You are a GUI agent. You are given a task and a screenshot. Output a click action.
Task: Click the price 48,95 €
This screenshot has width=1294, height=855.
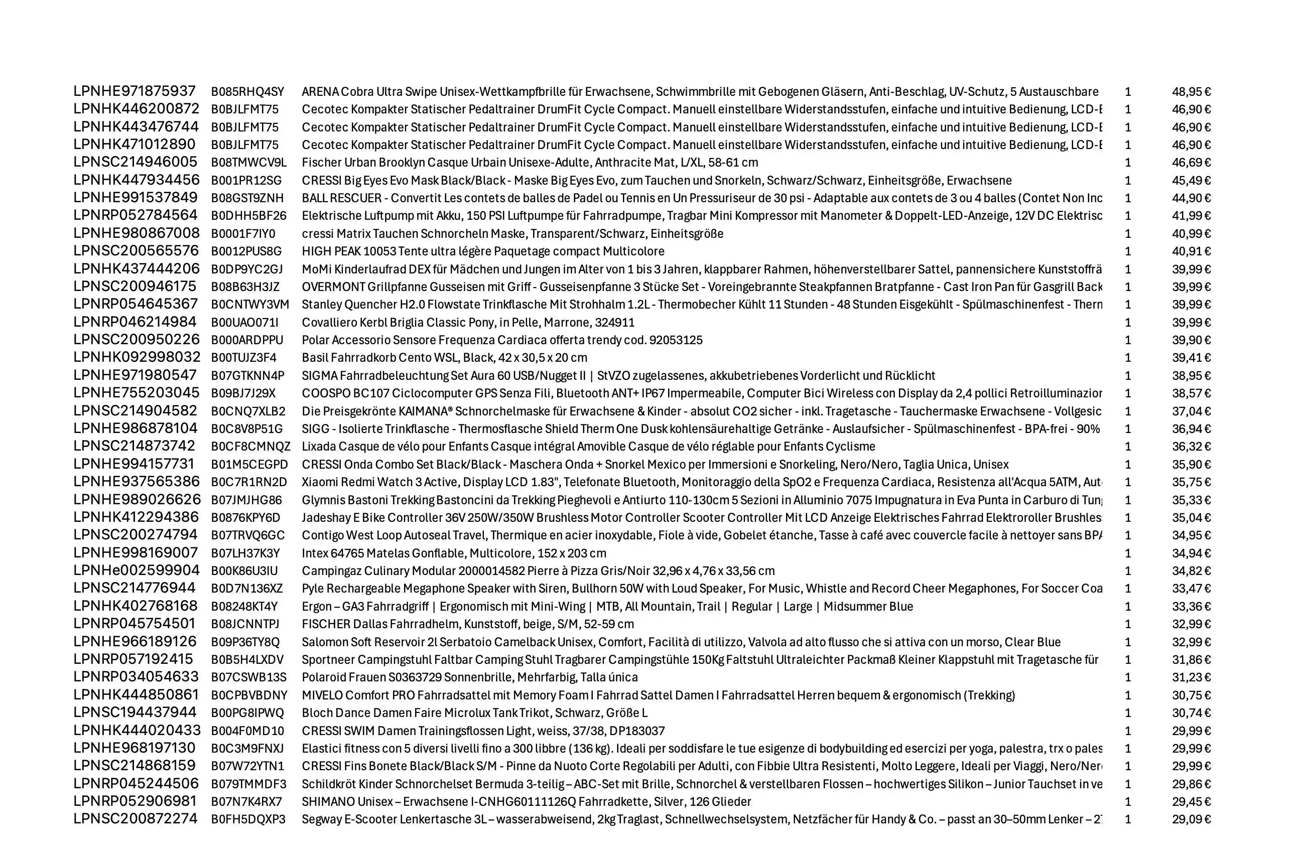coord(1191,92)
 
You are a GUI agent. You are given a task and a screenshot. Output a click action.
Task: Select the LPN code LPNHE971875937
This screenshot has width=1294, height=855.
coord(134,91)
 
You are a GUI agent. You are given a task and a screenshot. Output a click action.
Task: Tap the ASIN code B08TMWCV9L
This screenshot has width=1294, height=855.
coord(248,163)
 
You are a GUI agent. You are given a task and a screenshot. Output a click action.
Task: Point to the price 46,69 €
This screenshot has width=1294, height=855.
coord(1191,163)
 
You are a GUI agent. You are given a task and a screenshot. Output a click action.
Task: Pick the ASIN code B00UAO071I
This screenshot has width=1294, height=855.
coord(244,322)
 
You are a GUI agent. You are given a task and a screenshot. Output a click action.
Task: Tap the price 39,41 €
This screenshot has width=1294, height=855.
coord(1191,358)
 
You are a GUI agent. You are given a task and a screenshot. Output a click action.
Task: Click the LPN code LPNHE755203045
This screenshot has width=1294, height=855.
coord(137,393)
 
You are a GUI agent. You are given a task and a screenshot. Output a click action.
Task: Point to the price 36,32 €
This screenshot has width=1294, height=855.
coord(1191,447)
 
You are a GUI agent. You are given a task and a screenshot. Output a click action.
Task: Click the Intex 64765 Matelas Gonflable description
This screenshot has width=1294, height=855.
coord(454,553)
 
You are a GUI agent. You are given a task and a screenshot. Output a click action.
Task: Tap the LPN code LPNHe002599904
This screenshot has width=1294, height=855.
coord(137,571)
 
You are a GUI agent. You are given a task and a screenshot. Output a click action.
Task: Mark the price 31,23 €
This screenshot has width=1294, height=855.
coord(1191,677)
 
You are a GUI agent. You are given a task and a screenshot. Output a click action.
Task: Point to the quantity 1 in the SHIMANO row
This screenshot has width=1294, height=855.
coord(1128,802)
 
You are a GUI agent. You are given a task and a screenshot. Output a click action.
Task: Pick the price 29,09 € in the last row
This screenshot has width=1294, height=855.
coord(1191,819)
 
